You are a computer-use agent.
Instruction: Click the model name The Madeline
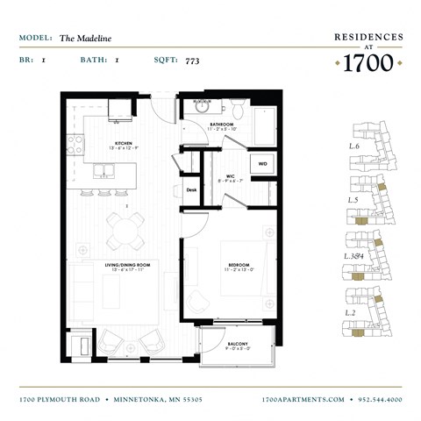86,39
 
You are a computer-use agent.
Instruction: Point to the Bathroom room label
222,125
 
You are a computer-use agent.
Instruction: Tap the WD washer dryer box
261,164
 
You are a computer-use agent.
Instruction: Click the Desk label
191,189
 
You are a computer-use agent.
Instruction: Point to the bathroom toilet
238,109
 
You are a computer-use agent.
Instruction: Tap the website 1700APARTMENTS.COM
303,399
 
